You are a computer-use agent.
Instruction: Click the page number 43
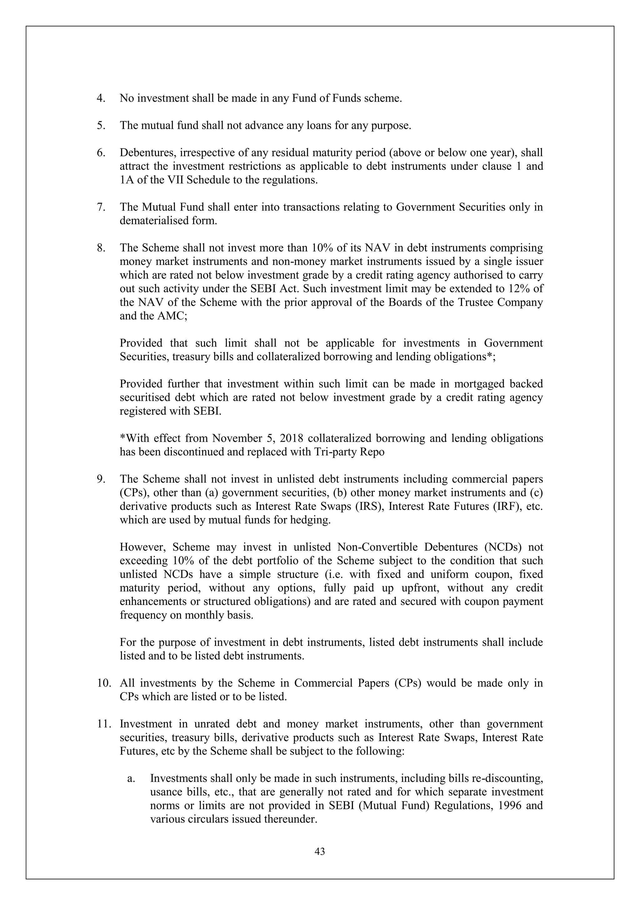pyautogui.click(x=320, y=852)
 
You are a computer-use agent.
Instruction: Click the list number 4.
pyautogui.click(x=101, y=98)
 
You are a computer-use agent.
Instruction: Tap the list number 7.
pyautogui.click(x=101, y=207)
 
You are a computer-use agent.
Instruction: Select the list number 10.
pyautogui.click(x=104, y=683)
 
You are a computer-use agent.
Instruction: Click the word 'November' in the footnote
pyautogui.click(x=234, y=438)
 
